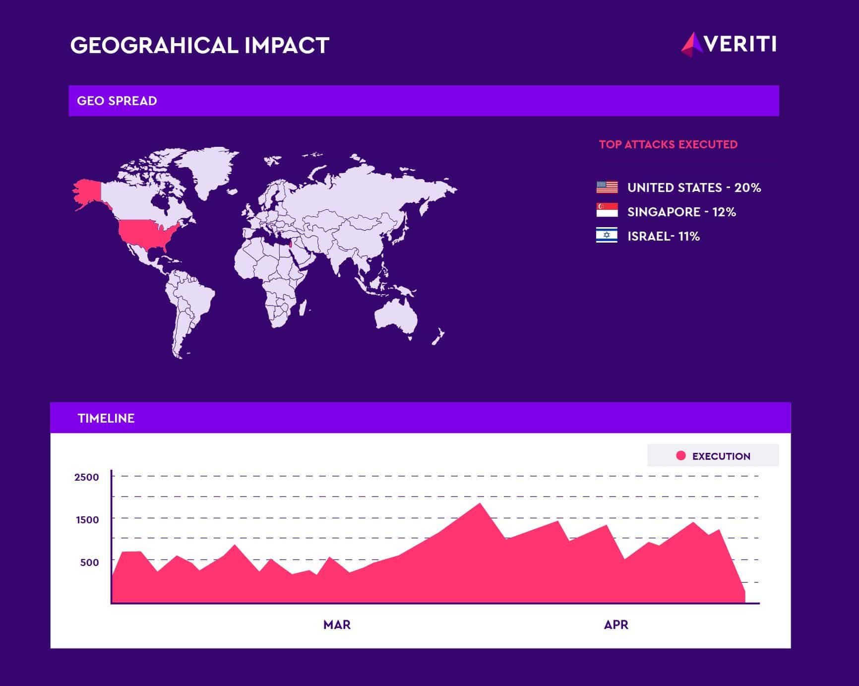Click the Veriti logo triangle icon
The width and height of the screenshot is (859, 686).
[692, 44]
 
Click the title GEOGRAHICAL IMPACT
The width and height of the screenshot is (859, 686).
[199, 45]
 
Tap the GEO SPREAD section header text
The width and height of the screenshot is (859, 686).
[117, 101]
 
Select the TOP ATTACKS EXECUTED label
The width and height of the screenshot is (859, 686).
[668, 144]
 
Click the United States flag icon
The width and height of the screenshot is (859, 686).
[607, 187]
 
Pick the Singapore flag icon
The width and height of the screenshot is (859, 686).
[607, 210]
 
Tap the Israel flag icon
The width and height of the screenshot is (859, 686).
[607, 235]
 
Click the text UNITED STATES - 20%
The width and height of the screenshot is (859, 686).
[694, 187]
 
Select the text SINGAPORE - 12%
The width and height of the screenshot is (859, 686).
[681, 212]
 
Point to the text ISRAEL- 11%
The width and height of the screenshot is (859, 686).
[664, 236]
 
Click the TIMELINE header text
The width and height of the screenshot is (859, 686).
[106, 418]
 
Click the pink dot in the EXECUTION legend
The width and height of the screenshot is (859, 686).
[681, 455]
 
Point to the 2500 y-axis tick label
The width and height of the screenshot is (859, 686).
[87, 477]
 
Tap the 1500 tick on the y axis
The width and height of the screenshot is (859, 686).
[87, 520]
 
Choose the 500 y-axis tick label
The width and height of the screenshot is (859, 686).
[90, 562]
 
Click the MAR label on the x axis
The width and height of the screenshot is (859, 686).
[337, 624]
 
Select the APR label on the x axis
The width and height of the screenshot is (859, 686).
[616, 624]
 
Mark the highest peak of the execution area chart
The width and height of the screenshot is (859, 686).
[480, 504]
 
